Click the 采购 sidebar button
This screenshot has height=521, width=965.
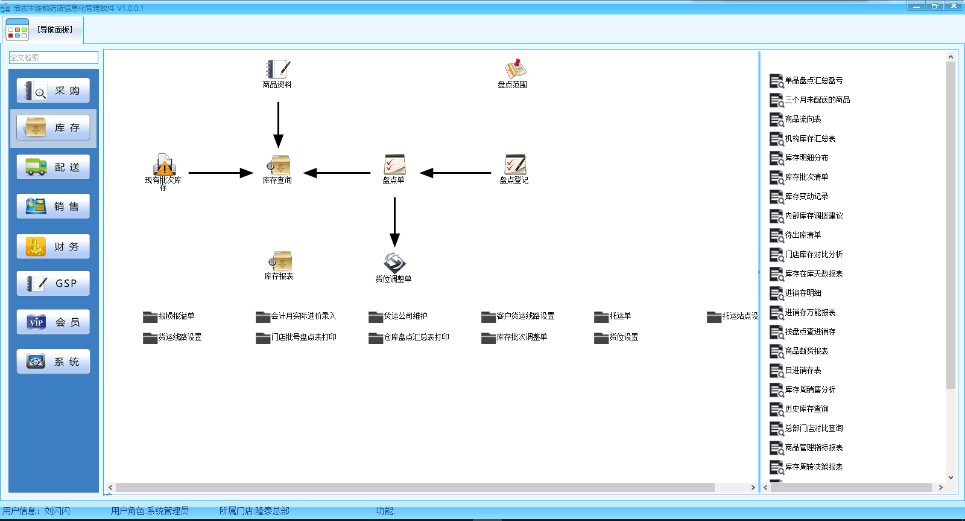53,91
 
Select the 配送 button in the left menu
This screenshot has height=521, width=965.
53,167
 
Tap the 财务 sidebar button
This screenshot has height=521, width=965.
53,247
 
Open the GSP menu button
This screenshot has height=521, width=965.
53,283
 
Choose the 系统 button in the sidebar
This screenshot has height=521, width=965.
53,362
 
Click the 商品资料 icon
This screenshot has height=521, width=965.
277,69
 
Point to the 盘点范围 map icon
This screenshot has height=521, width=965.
514,69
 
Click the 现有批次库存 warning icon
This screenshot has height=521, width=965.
164,164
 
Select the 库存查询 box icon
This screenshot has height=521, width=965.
279,165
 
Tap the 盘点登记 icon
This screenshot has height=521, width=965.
515,165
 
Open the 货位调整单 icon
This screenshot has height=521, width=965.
394,263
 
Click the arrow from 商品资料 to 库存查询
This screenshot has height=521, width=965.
278,124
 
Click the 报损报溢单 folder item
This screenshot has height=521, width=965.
169,316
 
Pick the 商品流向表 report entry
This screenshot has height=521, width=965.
802,120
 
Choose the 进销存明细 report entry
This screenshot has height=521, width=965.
802,293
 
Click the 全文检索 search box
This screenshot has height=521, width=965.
53,57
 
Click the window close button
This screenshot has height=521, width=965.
954,5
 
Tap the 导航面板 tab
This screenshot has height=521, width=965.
43,30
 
